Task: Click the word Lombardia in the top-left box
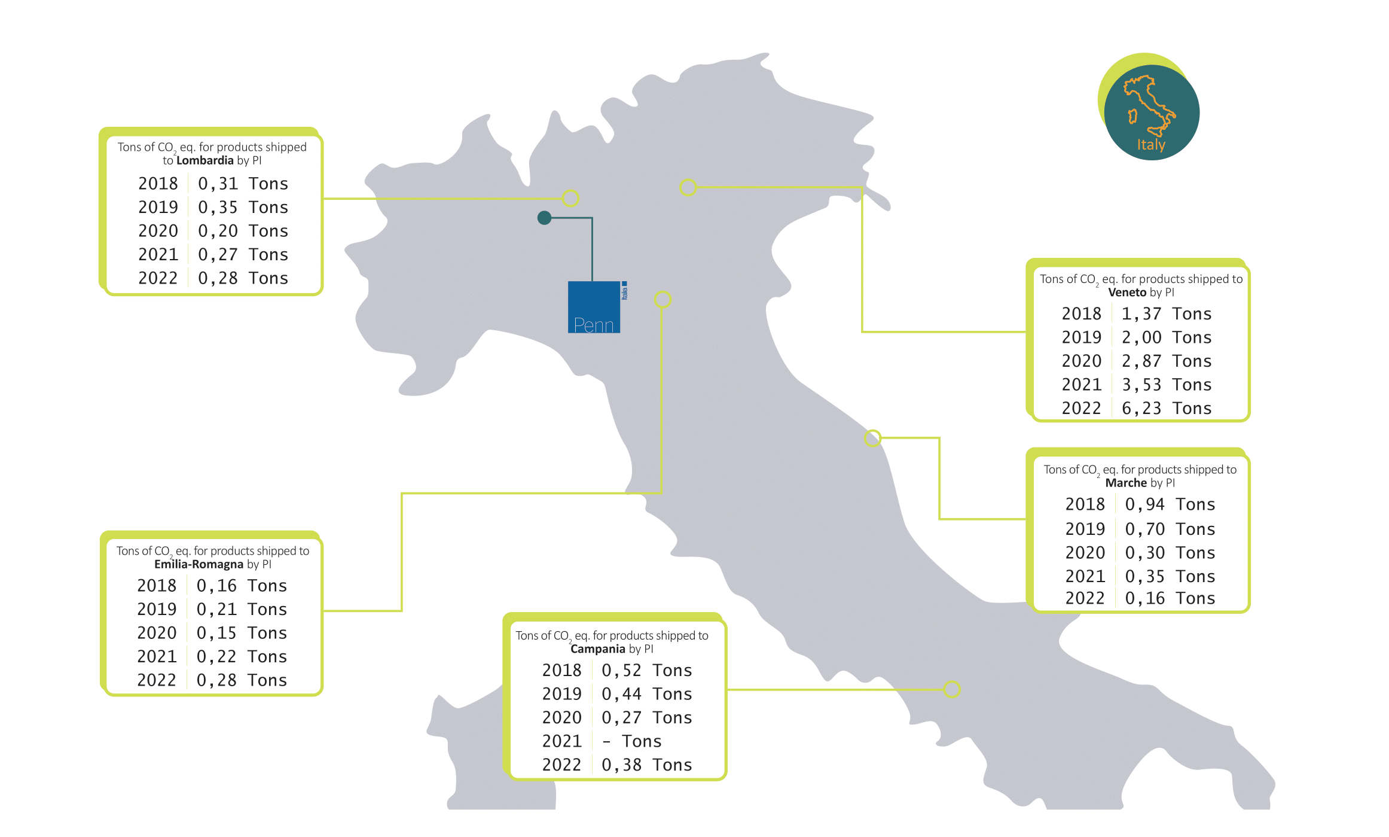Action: tap(204, 160)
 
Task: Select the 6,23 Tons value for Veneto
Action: tap(1167, 408)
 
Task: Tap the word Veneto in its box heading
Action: tap(1127, 293)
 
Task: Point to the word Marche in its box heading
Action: tap(1126, 483)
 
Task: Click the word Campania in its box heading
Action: tap(598, 649)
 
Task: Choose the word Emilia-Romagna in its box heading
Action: tap(199, 564)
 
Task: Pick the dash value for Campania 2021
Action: tap(607, 742)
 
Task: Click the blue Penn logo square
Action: tap(594, 307)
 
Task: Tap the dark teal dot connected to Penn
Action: tap(544, 218)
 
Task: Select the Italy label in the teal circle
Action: tap(1151, 145)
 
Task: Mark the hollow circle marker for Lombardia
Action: tap(571, 198)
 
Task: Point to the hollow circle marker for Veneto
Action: tap(688, 187)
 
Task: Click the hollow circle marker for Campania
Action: tap(952, 689)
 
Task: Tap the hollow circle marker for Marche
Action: tap(873, 438)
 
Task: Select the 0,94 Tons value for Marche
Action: tap(1170, 504)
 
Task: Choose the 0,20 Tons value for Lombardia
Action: tap(243, 231)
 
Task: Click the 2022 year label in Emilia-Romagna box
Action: tap(157, 680)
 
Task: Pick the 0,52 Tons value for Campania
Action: tap(647, 670)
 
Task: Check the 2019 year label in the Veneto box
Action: tap(1082, 337)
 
